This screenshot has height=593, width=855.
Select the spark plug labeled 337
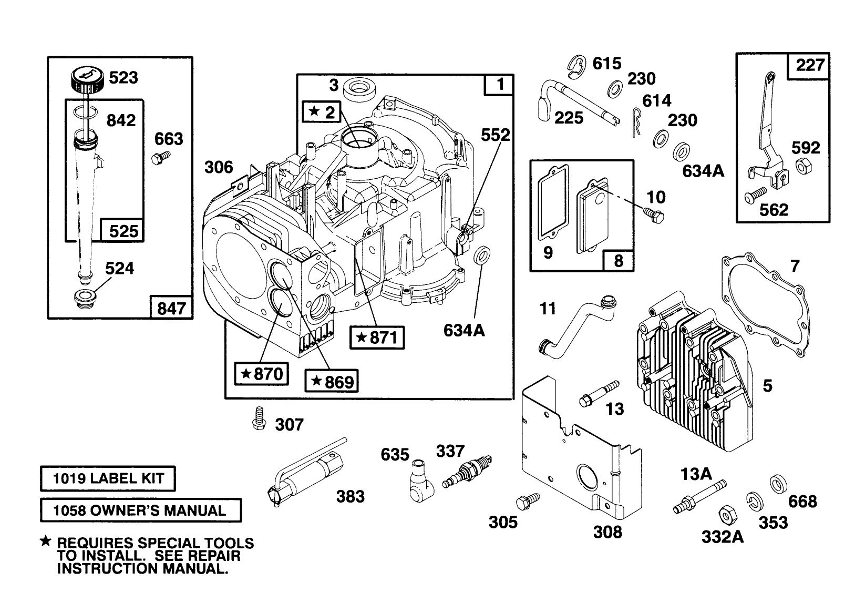(466, 472)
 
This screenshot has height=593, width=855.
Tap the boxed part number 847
(171, 307)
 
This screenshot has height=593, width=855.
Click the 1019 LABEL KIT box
(108, 479)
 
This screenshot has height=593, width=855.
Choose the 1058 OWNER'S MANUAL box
(140, 510)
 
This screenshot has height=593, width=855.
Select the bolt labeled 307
(258, 419)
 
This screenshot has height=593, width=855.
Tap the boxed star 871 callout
(377, 338)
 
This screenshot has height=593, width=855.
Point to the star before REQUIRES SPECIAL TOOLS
(46, 541)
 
